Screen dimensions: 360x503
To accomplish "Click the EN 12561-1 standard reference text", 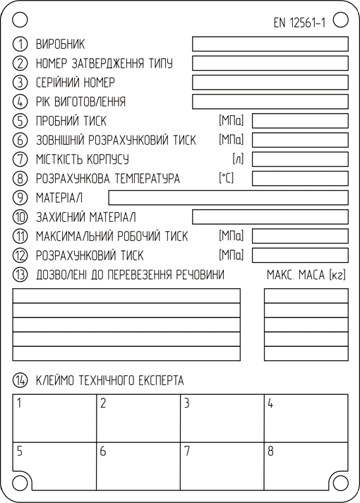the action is point(299,23).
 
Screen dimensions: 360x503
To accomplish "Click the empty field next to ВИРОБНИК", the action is point(270,44).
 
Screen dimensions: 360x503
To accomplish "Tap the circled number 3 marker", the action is point(20,83).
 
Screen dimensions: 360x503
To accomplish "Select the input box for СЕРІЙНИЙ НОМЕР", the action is point(270,83).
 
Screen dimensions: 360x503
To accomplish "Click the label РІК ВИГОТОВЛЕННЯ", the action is point(80,102).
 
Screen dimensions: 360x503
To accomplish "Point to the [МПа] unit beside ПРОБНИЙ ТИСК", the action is point(231,121).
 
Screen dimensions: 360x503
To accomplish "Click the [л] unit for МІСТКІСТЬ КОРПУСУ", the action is point(238,159).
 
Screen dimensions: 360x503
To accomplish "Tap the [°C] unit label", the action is point(227,178).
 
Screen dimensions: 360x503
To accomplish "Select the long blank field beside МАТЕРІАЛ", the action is point(228,198).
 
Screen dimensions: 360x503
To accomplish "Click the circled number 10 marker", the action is point(20,217).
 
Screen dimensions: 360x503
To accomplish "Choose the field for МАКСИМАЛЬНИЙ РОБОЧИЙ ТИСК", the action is point(300,236).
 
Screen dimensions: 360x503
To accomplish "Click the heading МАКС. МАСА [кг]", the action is point(306,275).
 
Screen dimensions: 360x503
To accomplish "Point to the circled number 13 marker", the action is point(20,275).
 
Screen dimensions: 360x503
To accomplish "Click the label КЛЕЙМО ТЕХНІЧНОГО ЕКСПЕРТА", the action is point(109,381).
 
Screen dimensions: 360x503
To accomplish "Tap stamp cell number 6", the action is point(138,466).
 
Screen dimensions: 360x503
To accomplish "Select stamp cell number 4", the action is point(306,418).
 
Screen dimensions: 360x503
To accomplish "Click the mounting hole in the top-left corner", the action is point(20,20).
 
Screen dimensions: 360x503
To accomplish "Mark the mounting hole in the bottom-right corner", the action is point(340,483).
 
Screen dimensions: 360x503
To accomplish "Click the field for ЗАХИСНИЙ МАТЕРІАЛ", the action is point(270,217).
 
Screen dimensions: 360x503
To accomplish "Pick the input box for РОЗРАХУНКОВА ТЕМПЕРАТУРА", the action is point(300,178).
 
